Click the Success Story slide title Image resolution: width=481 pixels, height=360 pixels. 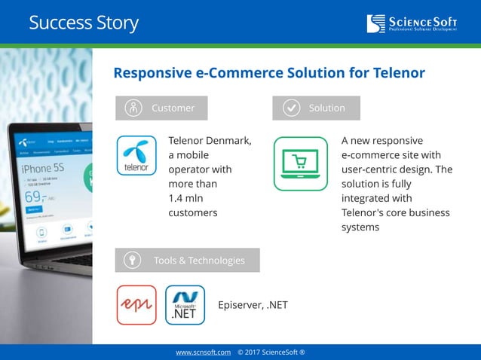tap(83, 23)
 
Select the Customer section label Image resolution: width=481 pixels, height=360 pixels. tap(173, 108)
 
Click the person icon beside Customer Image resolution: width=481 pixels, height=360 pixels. tap(133, 108)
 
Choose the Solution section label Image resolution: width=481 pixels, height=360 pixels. tap(326, 108)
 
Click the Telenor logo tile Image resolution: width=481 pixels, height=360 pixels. tap(136, 156)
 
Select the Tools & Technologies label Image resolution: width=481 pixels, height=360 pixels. tap(199, 260)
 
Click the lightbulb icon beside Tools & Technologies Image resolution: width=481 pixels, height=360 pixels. tap(133, 260)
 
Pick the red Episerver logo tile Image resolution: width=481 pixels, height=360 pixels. tap(136, 305)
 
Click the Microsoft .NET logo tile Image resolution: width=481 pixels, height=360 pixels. tap(185, 305)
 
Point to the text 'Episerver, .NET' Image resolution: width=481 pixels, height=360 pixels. tap(253, 305)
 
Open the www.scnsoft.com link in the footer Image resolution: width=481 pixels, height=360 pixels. tap(203, 352)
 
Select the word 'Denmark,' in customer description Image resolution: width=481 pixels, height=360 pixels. tap(228, 141)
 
